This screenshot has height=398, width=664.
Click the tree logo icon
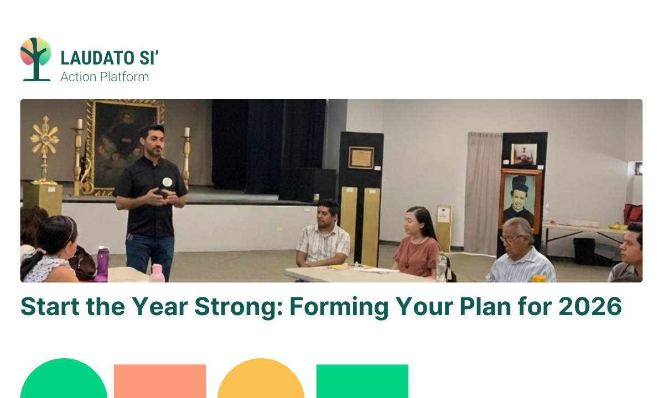click(35, 59)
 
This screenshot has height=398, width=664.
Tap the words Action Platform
click(105, 77)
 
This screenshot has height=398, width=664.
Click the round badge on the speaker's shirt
click(167, 182)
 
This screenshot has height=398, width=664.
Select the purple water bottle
click(102, 264)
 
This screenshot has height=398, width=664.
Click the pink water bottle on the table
click(157, 273)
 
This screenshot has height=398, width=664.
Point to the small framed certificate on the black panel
click(361, 158)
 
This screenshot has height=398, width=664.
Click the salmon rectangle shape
click(160, 381)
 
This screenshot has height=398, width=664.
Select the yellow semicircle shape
click(261, 381)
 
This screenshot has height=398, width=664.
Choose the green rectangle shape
click(362, 381)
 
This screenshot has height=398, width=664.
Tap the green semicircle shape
click(64, 381)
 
